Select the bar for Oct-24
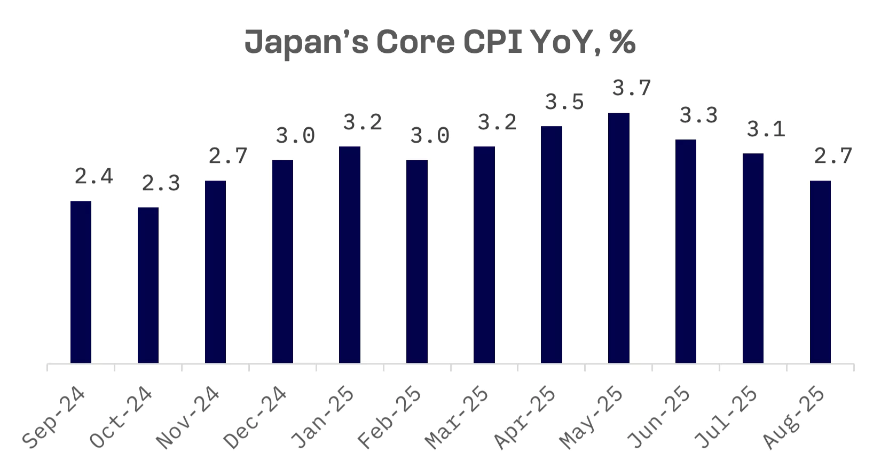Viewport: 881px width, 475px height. tap(148, 285)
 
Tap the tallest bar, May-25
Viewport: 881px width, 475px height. tap(619, 238)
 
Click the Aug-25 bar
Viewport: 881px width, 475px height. tap(820, 272)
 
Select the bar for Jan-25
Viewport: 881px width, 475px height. tap(350, 255)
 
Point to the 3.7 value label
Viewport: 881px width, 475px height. tap(632, 88)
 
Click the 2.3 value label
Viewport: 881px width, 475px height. tap(161, 183)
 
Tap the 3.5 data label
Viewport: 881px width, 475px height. tap(564, 102)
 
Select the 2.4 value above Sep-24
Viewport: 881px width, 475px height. tap(93, 176)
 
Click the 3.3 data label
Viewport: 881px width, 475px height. tap(698, 115)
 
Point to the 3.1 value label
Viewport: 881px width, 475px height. tap(766, 129)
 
